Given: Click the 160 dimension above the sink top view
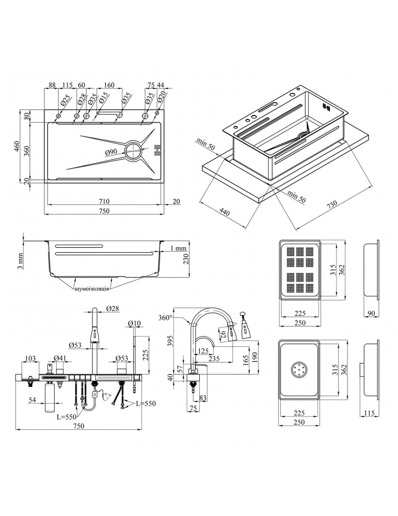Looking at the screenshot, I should point(108,86).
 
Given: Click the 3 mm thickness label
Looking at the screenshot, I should point(20,261).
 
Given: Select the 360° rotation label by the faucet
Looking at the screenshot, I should point(166,318).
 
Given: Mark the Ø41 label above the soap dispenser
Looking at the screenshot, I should point(59,358).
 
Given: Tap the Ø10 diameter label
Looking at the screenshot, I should point(134,324).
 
